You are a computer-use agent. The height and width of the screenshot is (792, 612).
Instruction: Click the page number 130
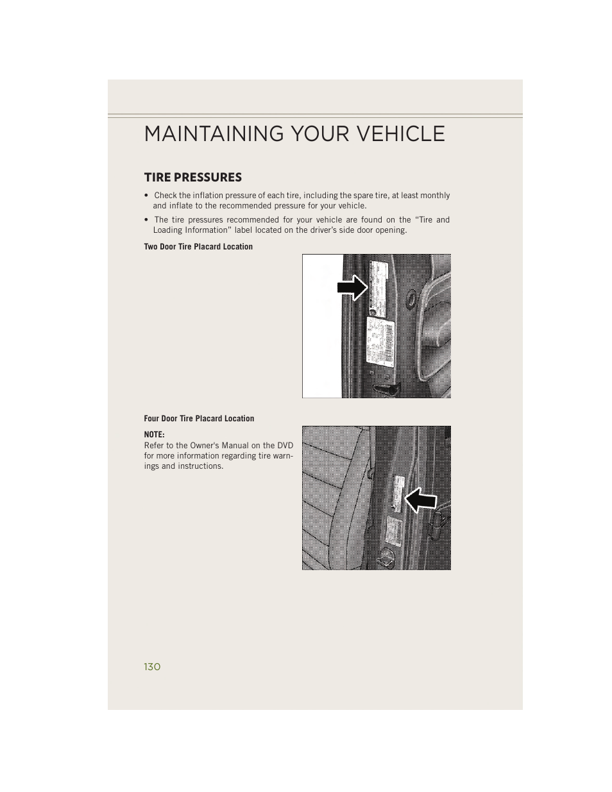(152, 667)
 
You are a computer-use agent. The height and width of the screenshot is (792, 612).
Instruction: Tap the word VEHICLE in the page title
(398, 133)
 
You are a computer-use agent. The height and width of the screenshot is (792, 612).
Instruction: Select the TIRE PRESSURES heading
(192, 177)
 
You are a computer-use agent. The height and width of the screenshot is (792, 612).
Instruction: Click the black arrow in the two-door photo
(352, 288)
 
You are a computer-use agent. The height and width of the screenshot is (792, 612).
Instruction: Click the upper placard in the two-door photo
(379, 282)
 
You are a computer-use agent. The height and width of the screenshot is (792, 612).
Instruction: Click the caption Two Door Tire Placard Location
(198, 247)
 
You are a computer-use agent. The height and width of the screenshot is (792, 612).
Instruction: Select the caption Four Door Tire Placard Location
(199, 419)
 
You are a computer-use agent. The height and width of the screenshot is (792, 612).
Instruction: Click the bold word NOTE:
(154, 435)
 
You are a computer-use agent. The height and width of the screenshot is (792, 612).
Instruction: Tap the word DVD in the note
(285, 446)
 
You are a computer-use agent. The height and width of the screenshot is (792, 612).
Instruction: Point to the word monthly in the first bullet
(435, 196)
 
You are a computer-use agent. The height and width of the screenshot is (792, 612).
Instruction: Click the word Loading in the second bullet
(167, 230)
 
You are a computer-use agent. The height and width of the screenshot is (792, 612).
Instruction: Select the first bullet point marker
(147, 196)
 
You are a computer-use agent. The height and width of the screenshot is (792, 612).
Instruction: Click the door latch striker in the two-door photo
(388, 388)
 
